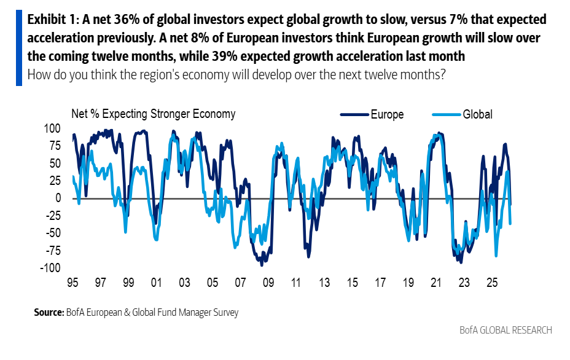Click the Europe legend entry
pos(387,114)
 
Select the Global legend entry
pos(477,114)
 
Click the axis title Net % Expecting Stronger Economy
pos(153,114)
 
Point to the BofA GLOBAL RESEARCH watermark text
pos(506,331)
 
